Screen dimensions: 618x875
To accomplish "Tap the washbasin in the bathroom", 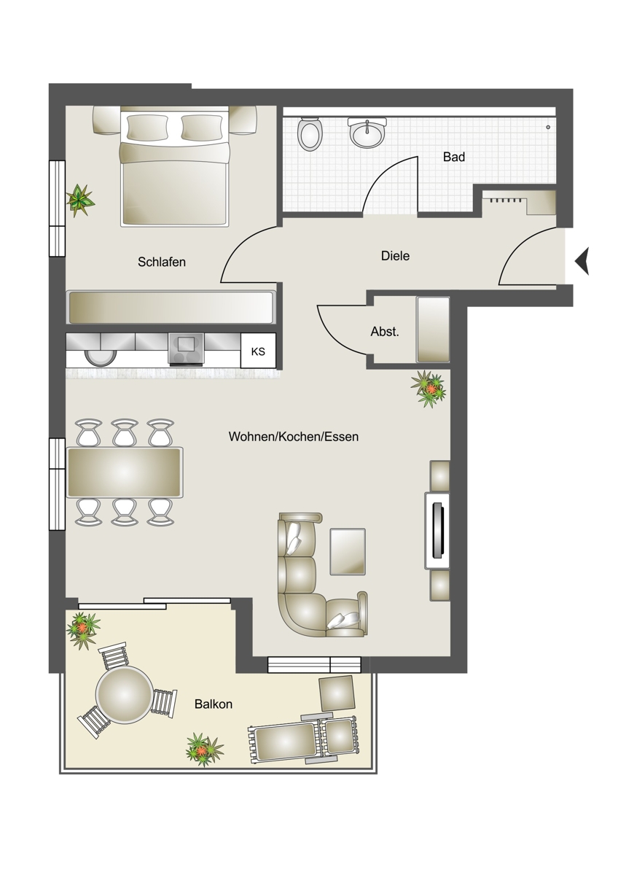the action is pyautogui.click(x=367, y=132).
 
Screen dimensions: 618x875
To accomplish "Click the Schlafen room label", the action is pyautogui.click(x=162, y=262).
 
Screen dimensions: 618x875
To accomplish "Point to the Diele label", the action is pyautogui.click(x=395, y=256).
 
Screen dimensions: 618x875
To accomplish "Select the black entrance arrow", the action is pyautogui.click(x=582, y=261).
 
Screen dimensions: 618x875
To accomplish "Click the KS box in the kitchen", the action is pyautogui.click(x=258, y=351).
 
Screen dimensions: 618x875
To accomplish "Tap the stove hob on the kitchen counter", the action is pyautogui.click(x=186, y=349).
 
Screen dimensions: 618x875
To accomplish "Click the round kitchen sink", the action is pyautogui.click(x=101, y=357).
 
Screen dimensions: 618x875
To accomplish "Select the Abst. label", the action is pyautogui.click(x=385, y=332).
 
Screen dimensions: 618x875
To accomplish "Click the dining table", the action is pyautogui.click(x=125, y=472).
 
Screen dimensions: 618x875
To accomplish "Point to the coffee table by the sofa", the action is pyautogui.click(x=348, y=551).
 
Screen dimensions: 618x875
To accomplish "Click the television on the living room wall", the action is pyautogui.click(x=437, y=531).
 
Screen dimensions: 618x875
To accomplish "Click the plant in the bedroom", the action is pyautogui.click(x=80, y=199).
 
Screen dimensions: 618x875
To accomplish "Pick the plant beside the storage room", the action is pyautogui.click(x=429, y=389).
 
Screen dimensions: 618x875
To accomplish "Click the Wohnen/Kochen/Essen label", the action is pyautogui.click(x=294, y=436).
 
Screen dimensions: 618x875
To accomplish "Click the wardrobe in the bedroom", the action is pyautogui.click(x=171, y=307).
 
